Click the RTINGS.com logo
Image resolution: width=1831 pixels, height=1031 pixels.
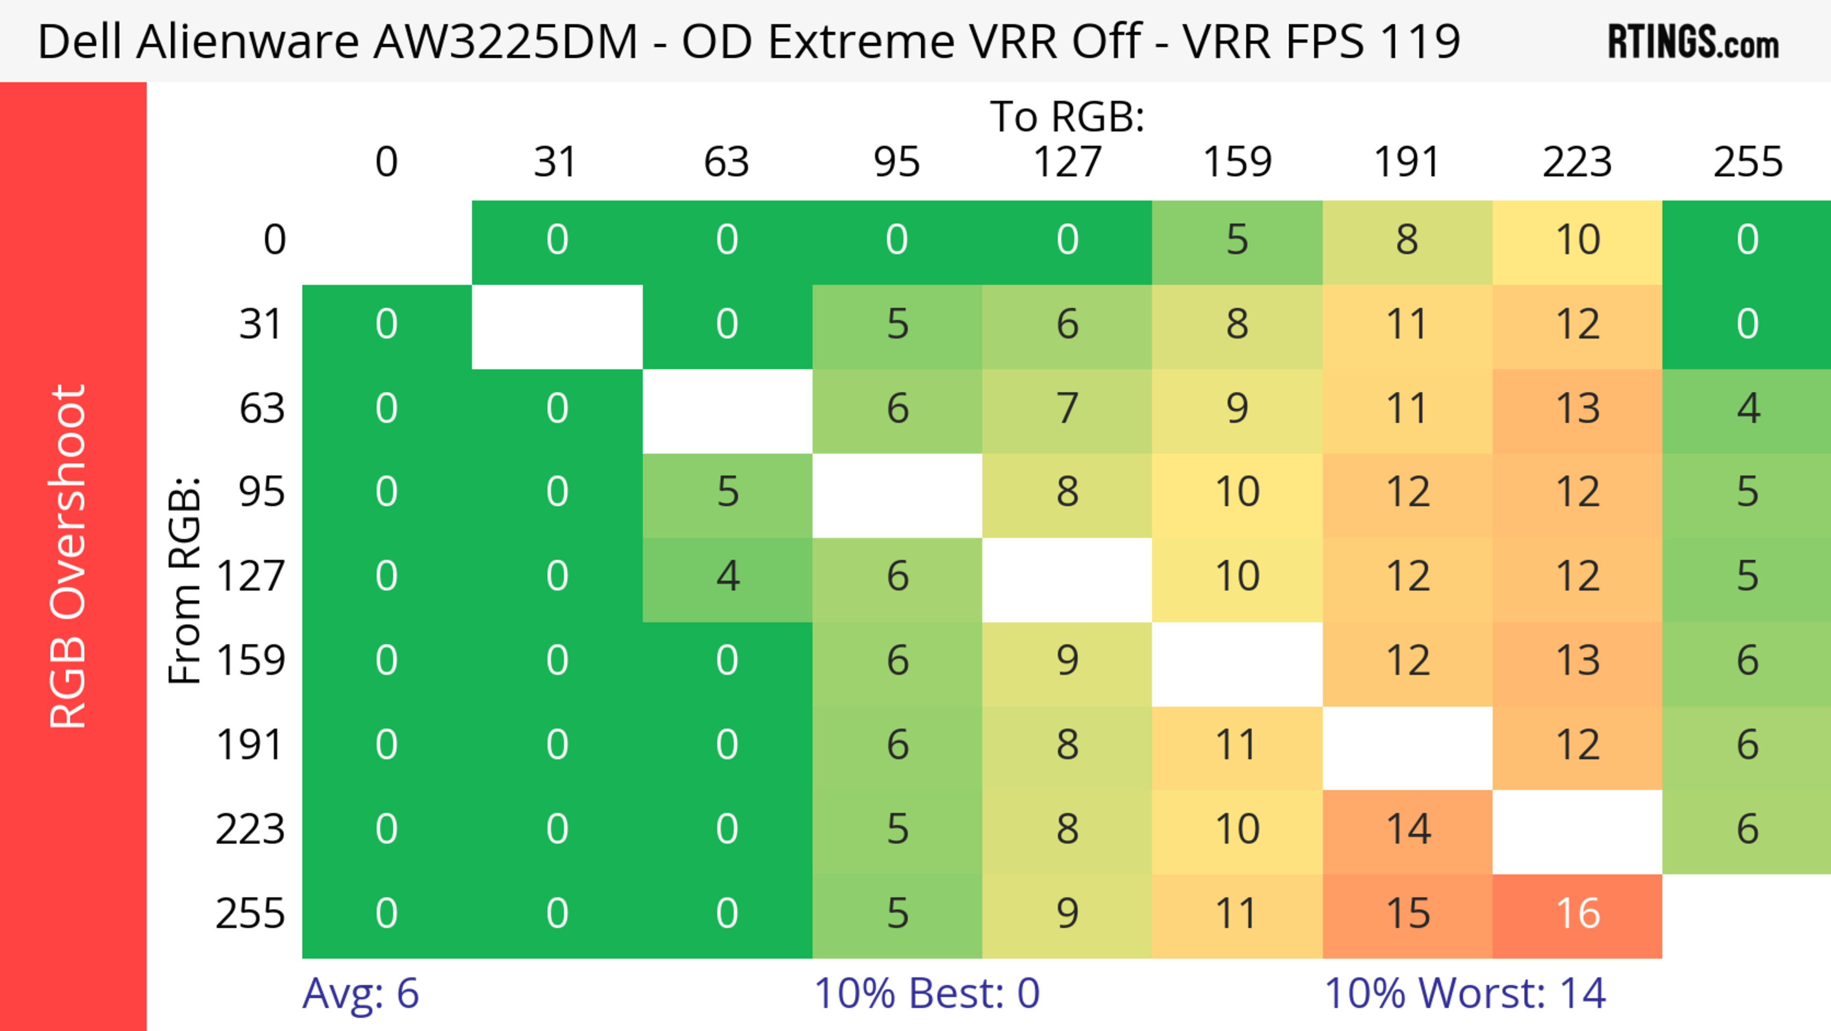[1693, 42]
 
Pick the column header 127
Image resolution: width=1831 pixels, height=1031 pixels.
[1067, 163]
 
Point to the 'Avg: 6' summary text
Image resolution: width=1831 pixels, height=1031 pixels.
[360, 993]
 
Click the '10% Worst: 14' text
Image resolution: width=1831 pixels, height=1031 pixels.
[1464, 993]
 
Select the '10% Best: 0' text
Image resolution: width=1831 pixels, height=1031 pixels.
[926, 993]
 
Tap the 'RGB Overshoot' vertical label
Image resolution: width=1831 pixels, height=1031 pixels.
[68, 557]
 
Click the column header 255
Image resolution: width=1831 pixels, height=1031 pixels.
[1747, 163]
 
